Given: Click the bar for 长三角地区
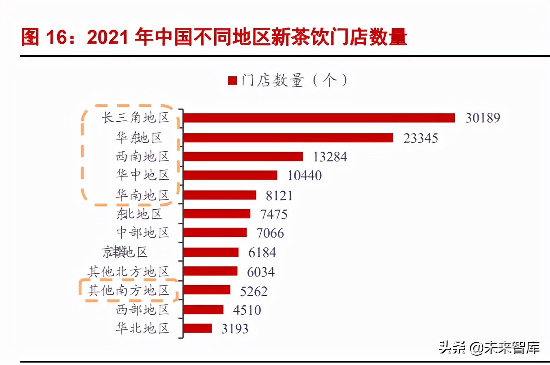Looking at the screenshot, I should click(x=319, y=118).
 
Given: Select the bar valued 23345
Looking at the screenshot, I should click(x=288, y=138).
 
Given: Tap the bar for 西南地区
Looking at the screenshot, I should click(x=243, y=157).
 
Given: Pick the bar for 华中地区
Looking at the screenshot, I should click(x=230, y=175).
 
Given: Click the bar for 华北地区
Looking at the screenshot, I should click(x=197, y=328).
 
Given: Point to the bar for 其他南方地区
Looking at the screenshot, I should click(x=206, y=290).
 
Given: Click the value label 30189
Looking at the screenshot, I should click(x=483, y=118).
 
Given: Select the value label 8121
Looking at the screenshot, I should click(x=279, y=196).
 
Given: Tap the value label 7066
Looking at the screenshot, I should click(x=270, y=233).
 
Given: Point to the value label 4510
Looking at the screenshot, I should click(x=247, y=310).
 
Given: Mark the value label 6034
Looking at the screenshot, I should click(x=261, y=272).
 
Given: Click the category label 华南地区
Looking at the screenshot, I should click(x=142, y=195).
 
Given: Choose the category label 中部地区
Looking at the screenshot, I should click(x=142, y=233).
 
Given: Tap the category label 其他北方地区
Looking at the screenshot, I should click(x=128, y=271).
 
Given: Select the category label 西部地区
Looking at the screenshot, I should click(x=142, y=310).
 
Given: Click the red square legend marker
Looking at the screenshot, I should click(x=232, y=81).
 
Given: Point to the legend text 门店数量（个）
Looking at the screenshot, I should click(x=294, y=80).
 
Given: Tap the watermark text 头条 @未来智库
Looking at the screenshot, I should click(x=489, y=348).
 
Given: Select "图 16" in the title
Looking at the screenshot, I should click(x=44, y=37).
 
